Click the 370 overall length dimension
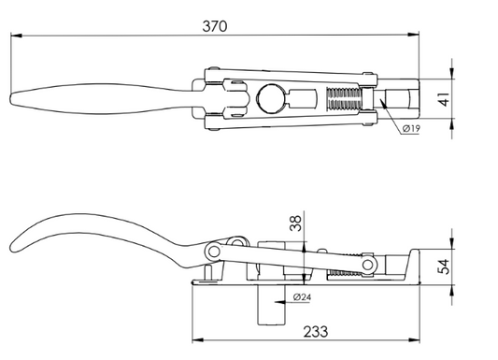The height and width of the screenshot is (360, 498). (215, 26)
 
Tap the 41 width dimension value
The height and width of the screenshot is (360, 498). (444, 99)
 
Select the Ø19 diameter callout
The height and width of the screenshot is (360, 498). (411, 129)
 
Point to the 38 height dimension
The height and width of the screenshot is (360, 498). (295, 223)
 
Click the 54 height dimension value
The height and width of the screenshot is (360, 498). (444, 266)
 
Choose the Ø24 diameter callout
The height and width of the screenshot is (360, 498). (302, 297)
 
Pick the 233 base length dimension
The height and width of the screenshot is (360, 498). (316, 332)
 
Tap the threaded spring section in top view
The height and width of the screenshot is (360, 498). (344, 99)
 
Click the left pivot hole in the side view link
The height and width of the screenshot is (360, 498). (214, 252)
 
